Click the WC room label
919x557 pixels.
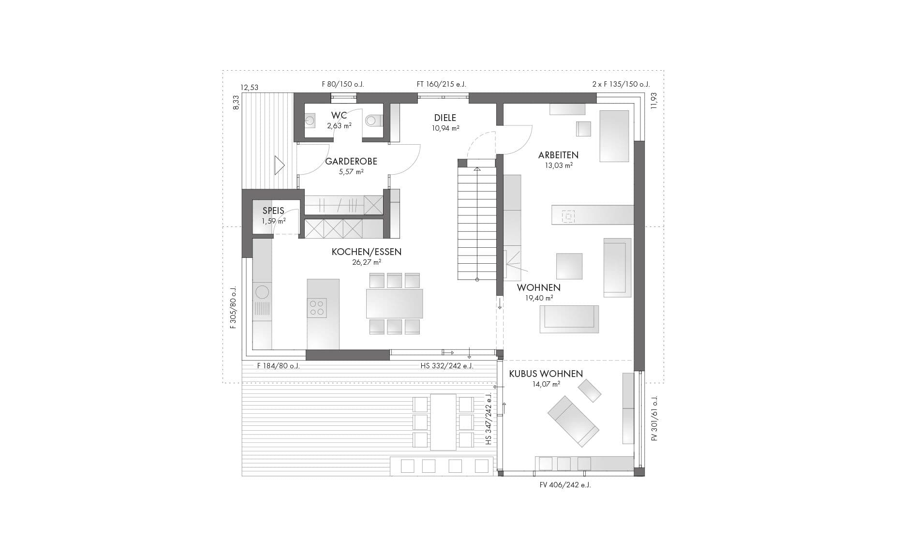[x=339, y=115]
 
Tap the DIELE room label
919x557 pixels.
[x=445, y=118]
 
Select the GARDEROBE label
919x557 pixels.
[x=351, y=161]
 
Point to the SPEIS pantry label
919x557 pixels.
[x=273, y=211]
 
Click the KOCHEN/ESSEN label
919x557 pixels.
[x=367, y=252]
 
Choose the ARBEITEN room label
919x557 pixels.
[x=558, y=155]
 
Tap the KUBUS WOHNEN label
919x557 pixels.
[x=546, y=374]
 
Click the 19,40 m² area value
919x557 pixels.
[x=539, y=298]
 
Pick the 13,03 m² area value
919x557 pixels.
[x=559, y=165]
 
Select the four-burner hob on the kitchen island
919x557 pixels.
[x=317, y=308]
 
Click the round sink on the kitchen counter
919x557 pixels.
[x=262, y=292]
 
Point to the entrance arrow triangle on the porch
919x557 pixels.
[x=279, y=165]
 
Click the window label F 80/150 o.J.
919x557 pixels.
[x=342, y=84]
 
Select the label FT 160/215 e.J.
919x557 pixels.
[x=441, y=84]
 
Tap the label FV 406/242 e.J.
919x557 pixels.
[x=565, y=485]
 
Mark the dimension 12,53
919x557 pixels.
[x=250, y=88]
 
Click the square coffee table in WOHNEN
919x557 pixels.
[x=569, y=266]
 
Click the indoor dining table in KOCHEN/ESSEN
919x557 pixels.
[x=394, y=303]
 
